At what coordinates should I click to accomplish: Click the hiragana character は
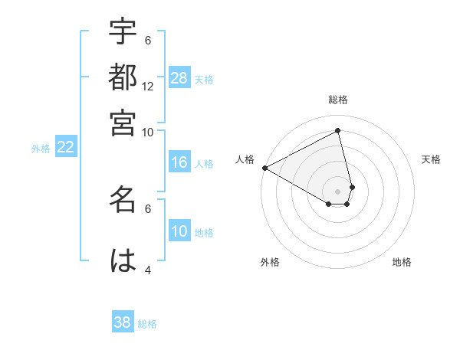[123, 260]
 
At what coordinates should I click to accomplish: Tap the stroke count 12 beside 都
[148, 87]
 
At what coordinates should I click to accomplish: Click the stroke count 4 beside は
[148, 270]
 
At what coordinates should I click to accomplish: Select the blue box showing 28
[179, 78]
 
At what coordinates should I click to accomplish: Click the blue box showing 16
[179, 162]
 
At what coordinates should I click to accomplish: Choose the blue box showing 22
[65, 147]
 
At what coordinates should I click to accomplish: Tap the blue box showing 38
[123, 322]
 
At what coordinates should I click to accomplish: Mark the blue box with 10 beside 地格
[179, 231]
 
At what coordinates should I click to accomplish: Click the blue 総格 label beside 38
[147, 324]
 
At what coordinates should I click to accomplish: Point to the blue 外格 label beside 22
[41, 149]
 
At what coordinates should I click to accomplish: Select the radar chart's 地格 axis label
[402, 262]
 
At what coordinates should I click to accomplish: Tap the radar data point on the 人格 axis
[264, 168]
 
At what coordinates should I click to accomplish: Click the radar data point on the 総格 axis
[338, 131]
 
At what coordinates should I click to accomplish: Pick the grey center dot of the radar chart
[338, 191]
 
